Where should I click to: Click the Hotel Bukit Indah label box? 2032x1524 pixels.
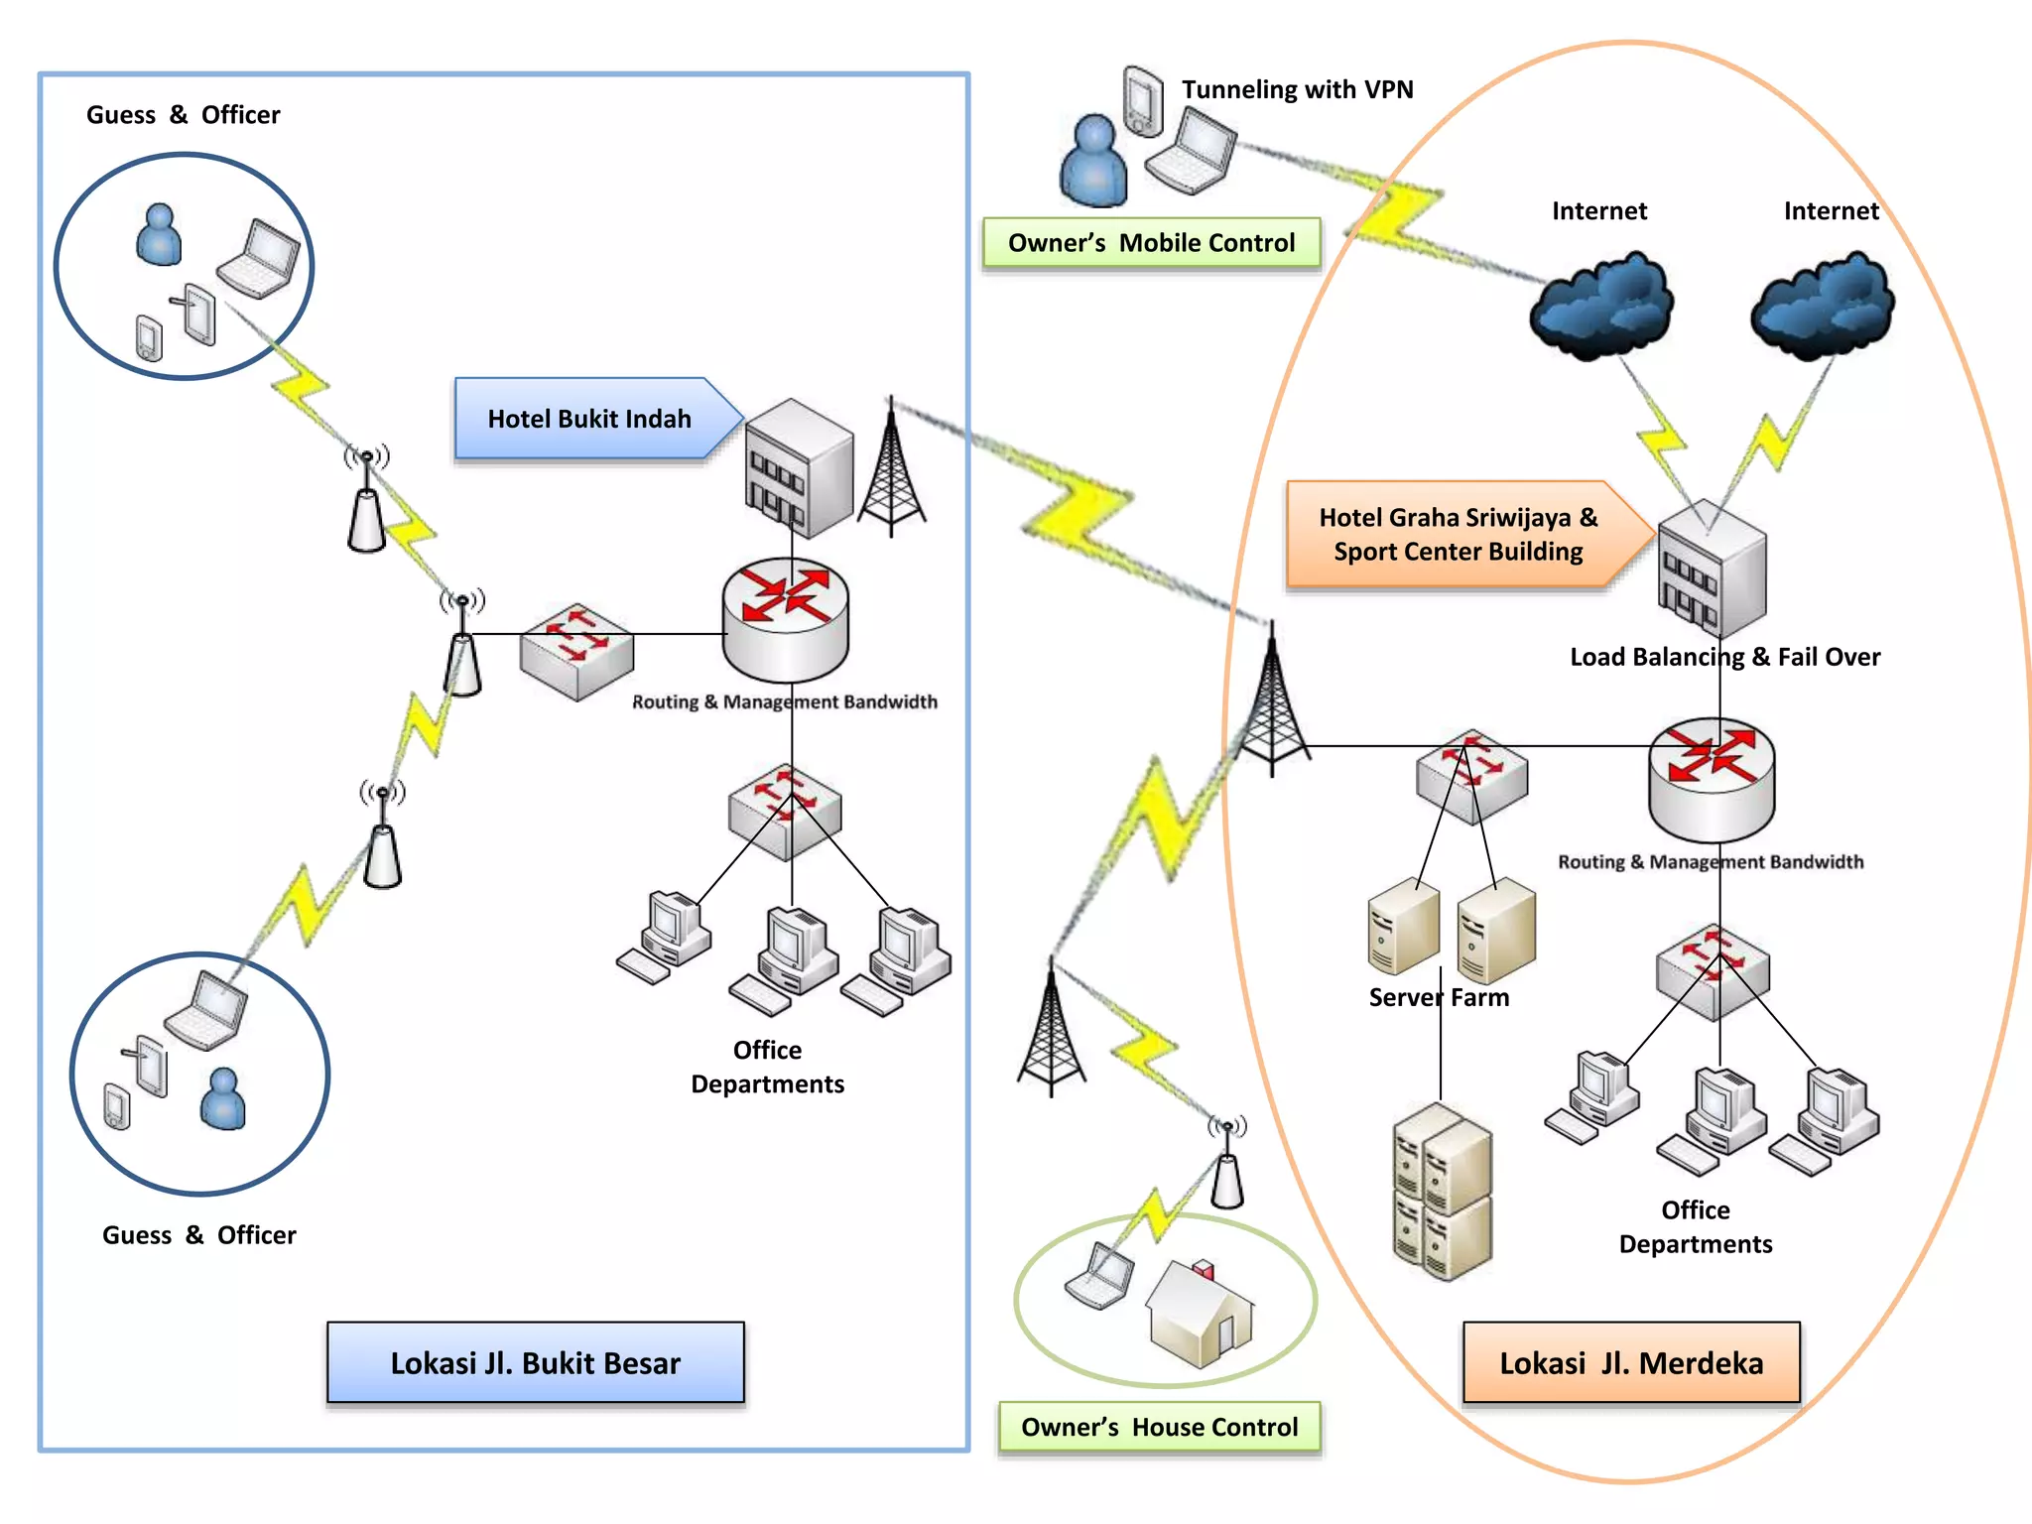click(589, 419)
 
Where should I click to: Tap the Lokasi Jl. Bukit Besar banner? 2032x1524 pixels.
click(535, 1362)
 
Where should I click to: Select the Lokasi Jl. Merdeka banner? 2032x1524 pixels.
click(1630, 1362)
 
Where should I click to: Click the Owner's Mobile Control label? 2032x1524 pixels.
click(1151, 243)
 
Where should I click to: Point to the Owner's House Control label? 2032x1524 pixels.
click(1159, 1427)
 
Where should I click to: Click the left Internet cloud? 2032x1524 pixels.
click(1600, 305)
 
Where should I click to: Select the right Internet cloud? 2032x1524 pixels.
click(1822, 305)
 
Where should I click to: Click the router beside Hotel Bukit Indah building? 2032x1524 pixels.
click(785, 619)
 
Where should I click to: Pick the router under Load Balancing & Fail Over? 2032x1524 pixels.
click(1712, 780)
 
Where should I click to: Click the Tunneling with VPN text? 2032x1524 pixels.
click(1297, 89)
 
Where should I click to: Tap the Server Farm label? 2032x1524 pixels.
click(1438, 997)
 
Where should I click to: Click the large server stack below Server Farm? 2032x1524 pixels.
click(1442, 1191)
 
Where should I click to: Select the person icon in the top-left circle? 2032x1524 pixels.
click(159, 235)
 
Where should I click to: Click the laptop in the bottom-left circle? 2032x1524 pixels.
click(206, 1011)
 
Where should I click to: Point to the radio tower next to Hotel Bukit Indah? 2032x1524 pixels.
click(891, 471)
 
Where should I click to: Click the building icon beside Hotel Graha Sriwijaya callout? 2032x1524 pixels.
click(1712, 569)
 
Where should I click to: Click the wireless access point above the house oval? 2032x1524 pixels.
click(1227, 1168)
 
